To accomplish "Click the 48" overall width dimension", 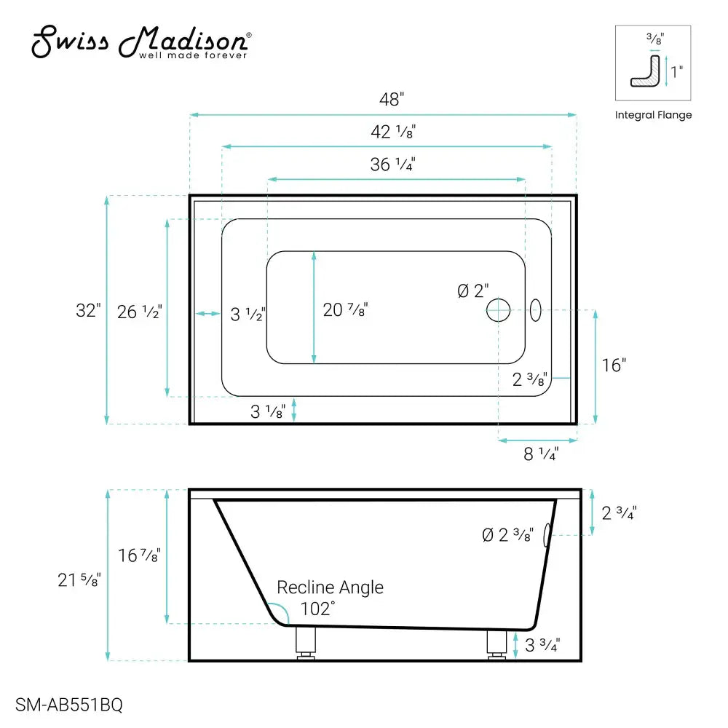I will (391, 100).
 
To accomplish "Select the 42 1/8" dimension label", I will (394, 132).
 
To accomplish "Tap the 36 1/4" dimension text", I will (392, 165).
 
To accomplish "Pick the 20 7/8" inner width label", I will (345, 310).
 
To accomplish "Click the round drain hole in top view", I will (499, 310).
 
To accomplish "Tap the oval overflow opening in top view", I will (535, 310).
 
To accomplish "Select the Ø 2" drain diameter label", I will (472, 291).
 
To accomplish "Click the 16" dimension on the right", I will (614, 365).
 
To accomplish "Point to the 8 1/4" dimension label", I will (541, 454).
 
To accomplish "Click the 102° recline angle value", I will (317, 608).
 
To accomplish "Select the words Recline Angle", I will (330, 587).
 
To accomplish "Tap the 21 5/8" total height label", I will (79, 580).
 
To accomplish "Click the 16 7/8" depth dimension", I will (139, 555).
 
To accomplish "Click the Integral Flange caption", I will (653, 115).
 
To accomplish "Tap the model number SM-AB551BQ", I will (68, 705).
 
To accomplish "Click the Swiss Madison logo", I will (142, 42).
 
